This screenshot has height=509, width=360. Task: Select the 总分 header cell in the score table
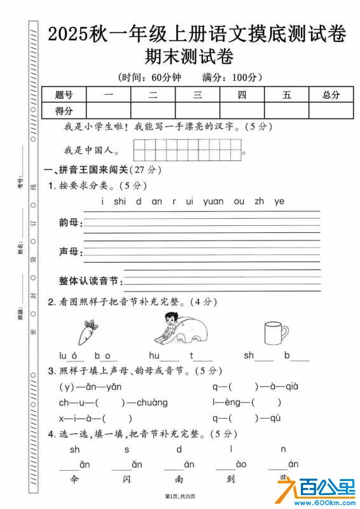(x=331, y=95)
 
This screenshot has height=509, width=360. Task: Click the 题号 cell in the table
(x=64, y=95)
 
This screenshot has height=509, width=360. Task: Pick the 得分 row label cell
(x=64, y=111)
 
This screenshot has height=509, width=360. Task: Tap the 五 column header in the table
(x=287, y=95)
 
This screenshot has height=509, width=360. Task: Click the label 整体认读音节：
(x=89, y=281)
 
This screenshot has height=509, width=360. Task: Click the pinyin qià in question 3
(x=287, y=386)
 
